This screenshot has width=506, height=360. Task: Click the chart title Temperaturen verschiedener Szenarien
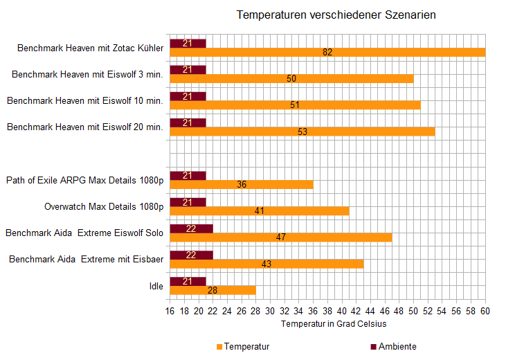pos(336,15)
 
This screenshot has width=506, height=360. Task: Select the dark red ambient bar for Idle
pos(188,280)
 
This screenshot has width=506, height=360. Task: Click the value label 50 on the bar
pos(291,78)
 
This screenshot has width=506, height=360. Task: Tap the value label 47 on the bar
pos(281,237)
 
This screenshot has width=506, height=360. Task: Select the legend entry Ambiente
pos(397,346)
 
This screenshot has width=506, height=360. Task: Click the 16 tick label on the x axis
pos(170,311)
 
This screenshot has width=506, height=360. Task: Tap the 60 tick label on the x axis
pos(485,311)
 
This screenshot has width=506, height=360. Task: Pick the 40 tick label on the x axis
pos(342,311)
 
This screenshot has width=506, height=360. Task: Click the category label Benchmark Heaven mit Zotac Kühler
pos(90,48)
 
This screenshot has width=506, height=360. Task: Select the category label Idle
pos(156,286)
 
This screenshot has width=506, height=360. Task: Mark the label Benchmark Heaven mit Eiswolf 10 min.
pos(85,101)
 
